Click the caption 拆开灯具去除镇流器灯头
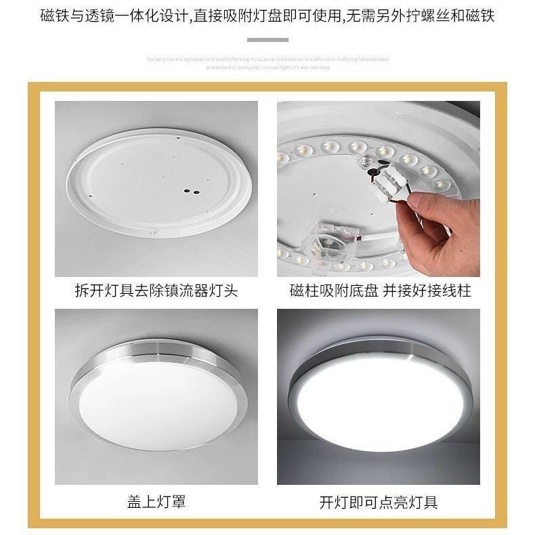pyautogui.click(x=156, y=291)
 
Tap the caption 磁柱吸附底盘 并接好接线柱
pyautogui.click(x=380, y=291)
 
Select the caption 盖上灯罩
pyautogui.click(x=156, y=502)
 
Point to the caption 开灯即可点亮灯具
pyautogui.click(x=379, y=502)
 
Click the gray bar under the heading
pyautogui.click(x=267, y=40)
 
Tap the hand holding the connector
pyautogui.click(x=447, y=227)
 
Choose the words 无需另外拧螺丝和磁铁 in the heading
pyautogui.click(x=419, y=15)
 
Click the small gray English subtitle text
pyautogui.click(x=267, y=63)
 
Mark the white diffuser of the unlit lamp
pyautogui.click(x=156, y=403)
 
